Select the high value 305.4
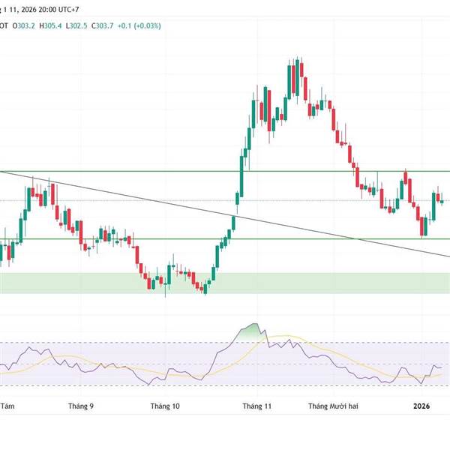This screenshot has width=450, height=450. [x=56, y=25]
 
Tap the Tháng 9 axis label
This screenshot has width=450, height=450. [x=81, y=406]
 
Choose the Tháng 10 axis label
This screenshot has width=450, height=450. [x=166, y=406]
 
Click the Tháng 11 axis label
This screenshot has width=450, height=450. [x=256, y=406]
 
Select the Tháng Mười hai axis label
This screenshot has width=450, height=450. [x=334, y=406]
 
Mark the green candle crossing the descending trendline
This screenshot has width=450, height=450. [x=232, y=223]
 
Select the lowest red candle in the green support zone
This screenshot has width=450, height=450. [x=203, y=287]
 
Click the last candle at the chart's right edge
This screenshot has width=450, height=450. [x=442, y=201]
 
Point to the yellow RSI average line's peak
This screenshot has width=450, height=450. [x=281, y=335]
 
